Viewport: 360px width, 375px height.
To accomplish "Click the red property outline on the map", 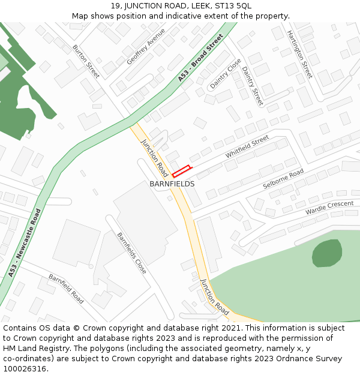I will pyautogui.click(x=181, y=171).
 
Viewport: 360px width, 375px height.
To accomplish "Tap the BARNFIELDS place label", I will pyautogui.click(x=172, y=184).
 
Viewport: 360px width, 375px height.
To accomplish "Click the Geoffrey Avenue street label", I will pyautogui.click(x=146, y=47).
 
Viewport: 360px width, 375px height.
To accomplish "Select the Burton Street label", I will pyautogui.click(x=86, y=61).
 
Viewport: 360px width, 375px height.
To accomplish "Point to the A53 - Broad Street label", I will pyautogui.click(x=200, y=58).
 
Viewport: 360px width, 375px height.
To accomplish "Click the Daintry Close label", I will pyautogui.click(x=226, y=74).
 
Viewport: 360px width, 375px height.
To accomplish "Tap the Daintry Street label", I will pyautogui.click(x=253, y=86).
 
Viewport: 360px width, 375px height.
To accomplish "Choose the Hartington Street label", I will pyautogui.click(x=299, y=54).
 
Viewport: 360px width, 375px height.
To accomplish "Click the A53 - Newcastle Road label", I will pyautogui.click(x=25, y=243).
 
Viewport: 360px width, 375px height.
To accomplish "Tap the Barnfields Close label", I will pyautogui.click(x=131, y=253).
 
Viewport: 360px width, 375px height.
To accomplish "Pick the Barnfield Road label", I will pyautogui.click(x=66, y=287).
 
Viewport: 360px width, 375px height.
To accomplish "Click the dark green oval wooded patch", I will pyautogui.click(x=327, y=253).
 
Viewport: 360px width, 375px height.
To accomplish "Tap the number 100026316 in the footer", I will pyautogui.click(x=25, y=368).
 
